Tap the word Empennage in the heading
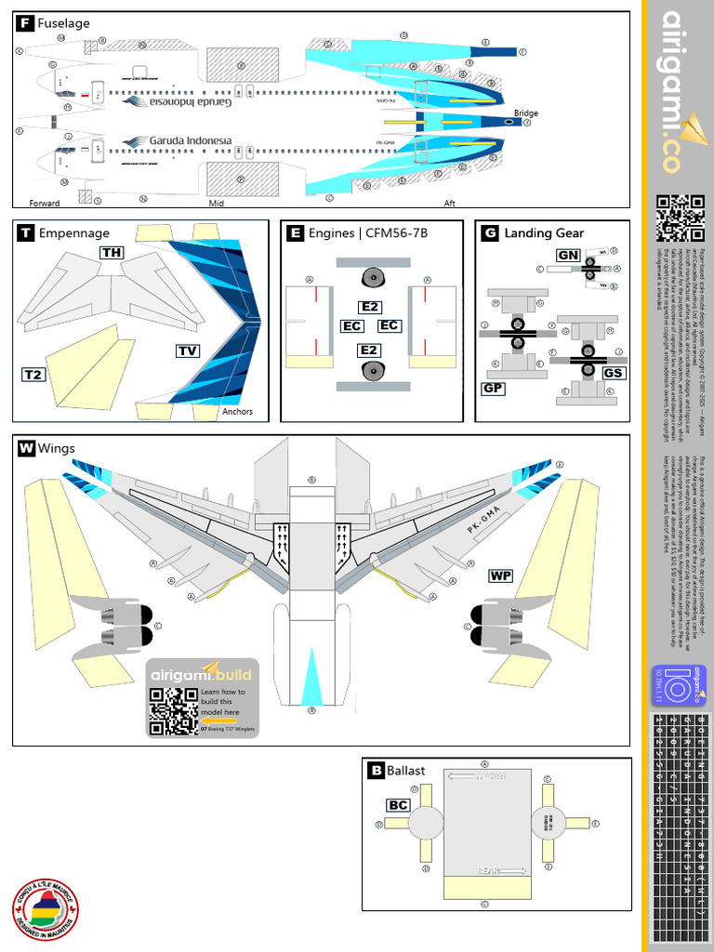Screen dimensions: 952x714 pos(73,233)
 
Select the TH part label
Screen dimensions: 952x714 pos(112,253)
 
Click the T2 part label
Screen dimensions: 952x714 pos(33,375)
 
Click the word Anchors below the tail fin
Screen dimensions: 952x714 pos(238,412)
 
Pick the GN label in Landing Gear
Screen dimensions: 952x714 pos(568,255)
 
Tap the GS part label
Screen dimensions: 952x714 pos(613,373)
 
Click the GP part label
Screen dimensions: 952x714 pos(493,388)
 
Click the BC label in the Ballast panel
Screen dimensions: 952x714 pos(398,805)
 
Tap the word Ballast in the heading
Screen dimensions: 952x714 pos(406,770)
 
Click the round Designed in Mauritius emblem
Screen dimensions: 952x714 pos(46,908)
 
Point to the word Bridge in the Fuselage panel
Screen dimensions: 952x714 pos(525,113)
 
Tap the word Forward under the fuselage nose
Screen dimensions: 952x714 pos(44,202)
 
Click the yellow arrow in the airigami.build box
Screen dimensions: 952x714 pos(218,719)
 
